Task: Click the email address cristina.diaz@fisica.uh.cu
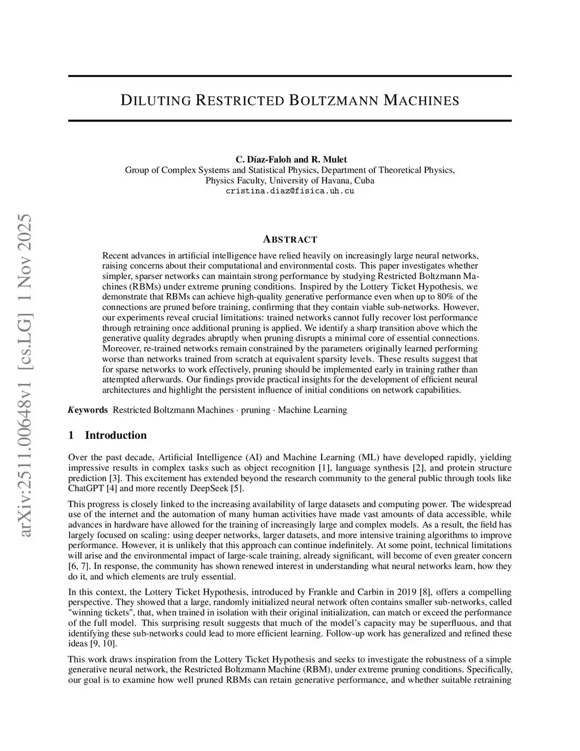click(290, 191)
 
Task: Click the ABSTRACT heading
click(290, 239)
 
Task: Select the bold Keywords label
click(88, 410)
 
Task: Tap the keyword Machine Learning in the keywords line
click(312, 410)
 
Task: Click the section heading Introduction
click(116, 435)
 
